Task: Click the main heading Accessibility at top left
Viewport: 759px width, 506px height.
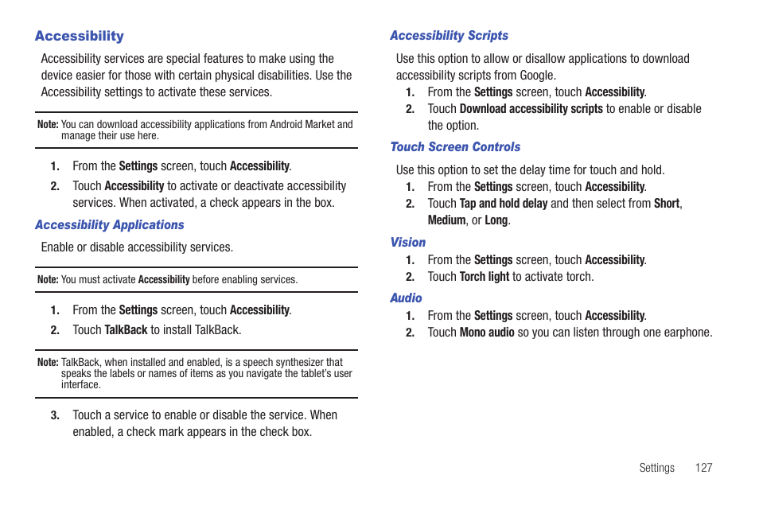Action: [79, 36]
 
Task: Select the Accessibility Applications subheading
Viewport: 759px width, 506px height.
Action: [109, 225]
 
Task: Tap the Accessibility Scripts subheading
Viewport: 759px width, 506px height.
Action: [449, 36]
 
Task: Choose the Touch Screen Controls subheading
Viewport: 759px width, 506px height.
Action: [455, 147]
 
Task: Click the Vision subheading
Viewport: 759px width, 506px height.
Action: [407, 243]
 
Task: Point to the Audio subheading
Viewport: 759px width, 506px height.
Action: [406, 298]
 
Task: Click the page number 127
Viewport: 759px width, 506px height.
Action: [703, 468]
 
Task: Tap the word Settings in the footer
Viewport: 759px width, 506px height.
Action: [656, 468]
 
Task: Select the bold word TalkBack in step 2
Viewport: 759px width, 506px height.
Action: [126, 330]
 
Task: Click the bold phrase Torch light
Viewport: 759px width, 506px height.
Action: [484, 277]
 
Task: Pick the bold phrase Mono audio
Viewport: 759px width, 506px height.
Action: [487, 333]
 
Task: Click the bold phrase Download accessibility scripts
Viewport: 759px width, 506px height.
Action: [531, 109]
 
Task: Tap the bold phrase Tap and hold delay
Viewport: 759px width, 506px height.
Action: [503, 204]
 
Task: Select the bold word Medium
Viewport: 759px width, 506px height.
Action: [446, 220]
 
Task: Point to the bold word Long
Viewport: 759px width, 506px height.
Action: [496, 220]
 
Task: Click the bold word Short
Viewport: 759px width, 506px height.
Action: [667, 204]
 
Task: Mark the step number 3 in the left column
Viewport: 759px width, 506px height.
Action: [55, 415]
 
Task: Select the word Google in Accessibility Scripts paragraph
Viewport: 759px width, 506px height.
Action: [536, 76]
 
